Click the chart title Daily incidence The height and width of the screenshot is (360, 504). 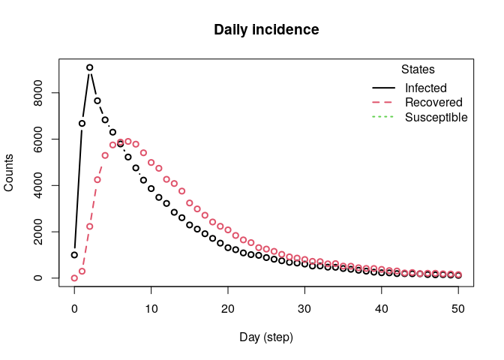pyautogui.click(x=266, y=30)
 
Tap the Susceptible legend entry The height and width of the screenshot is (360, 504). pyautogui.click(x=436, y=118)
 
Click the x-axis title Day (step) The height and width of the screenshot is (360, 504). pyautogui.click(x=266, y=337)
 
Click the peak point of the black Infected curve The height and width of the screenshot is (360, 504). pyautogui.click(x=89, y=67)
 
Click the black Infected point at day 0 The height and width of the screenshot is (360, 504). pyautogui.click(x=74, y=255)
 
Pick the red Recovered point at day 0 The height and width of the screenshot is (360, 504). pyautogui.click(x=74, y=278)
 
